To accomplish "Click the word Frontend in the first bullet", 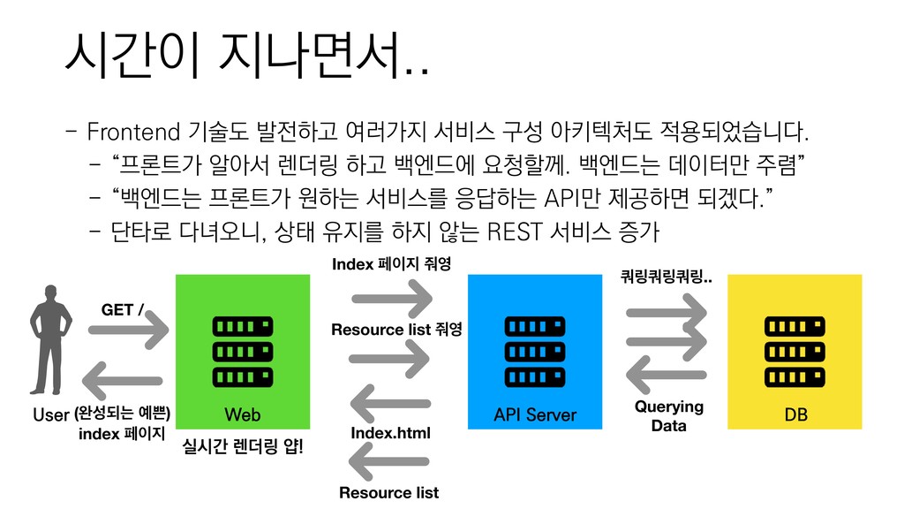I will click(132, 133).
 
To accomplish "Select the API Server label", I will click(535, 414).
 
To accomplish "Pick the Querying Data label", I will click(669, 415).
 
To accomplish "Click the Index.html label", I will click(390, 433).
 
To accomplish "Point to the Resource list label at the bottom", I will click(389, 492).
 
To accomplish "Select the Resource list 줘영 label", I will click(396, 330).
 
